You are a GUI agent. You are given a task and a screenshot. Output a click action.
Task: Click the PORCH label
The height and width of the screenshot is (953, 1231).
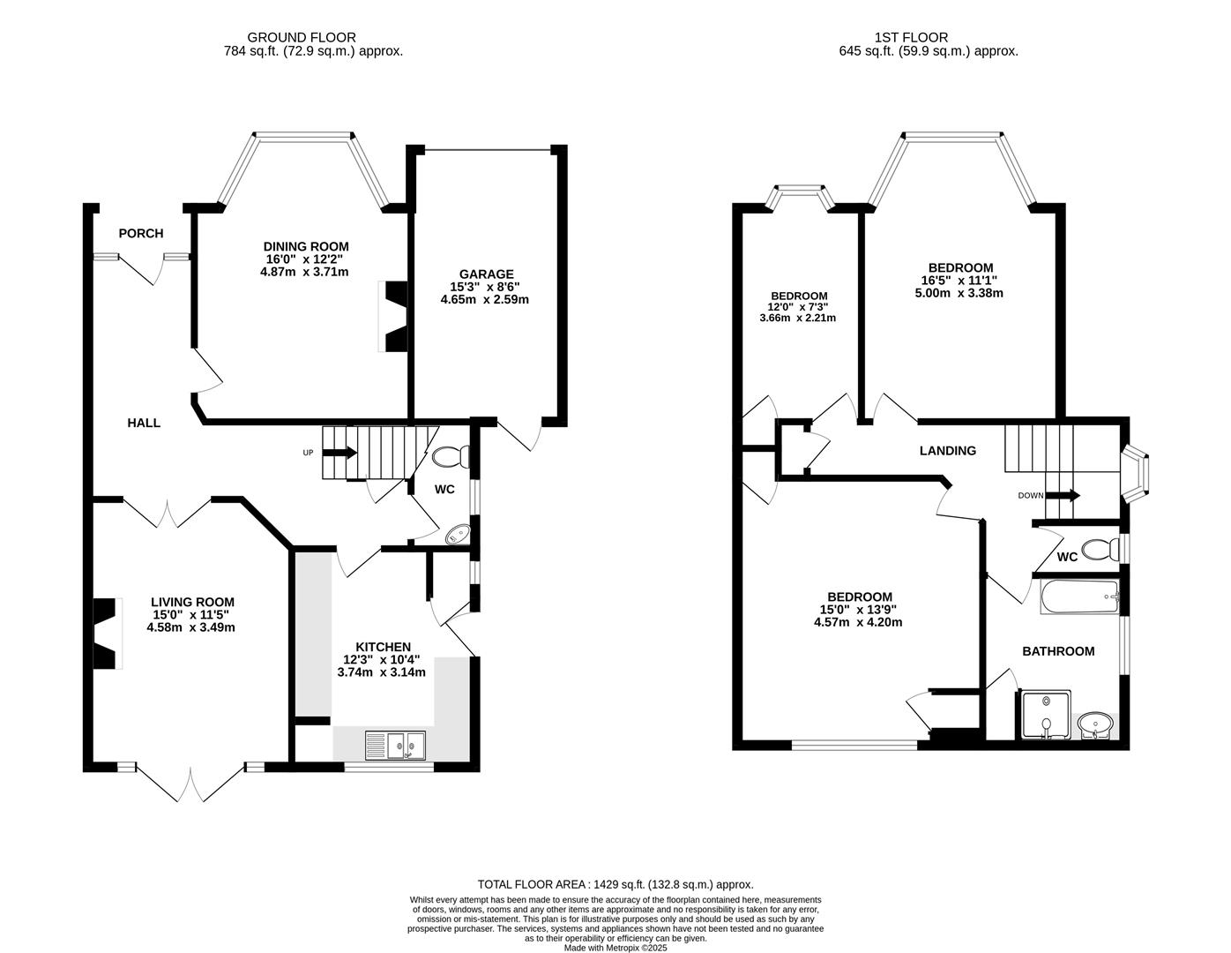(141, 233)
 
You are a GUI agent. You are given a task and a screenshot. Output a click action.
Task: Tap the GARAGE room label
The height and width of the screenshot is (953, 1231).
(486, 274)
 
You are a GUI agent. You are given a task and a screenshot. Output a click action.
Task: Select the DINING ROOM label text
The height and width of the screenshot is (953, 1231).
(306, 246)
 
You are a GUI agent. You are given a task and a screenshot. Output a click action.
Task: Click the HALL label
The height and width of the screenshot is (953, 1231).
(144, 423)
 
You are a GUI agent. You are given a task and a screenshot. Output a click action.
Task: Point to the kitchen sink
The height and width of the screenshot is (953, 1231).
(395, 746)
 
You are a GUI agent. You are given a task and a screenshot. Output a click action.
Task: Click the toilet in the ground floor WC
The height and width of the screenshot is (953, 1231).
(451, 457)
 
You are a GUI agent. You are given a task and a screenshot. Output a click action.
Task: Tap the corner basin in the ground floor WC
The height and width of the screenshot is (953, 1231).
(459, 534)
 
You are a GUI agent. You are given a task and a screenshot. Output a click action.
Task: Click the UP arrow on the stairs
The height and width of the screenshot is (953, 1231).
(339, 453)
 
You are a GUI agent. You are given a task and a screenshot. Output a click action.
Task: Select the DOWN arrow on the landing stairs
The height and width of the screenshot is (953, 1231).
(1062, 495)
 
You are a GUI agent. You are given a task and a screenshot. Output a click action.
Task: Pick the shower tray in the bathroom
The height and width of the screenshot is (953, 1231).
(1045, 715)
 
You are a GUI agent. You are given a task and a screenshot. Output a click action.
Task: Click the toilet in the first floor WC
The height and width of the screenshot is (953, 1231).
(1098, 550)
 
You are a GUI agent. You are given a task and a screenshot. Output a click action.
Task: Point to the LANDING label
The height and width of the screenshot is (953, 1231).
(948, 451)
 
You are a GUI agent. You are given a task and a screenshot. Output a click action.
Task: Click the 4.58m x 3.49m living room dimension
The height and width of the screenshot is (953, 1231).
(190, 627)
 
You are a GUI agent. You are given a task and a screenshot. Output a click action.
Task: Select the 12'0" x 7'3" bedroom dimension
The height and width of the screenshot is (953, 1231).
(798, 307)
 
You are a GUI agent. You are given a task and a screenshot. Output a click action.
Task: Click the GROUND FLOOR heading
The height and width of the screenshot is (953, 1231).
(302, 37)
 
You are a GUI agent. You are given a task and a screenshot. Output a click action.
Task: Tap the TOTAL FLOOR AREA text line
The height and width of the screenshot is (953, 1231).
(615, 884)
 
